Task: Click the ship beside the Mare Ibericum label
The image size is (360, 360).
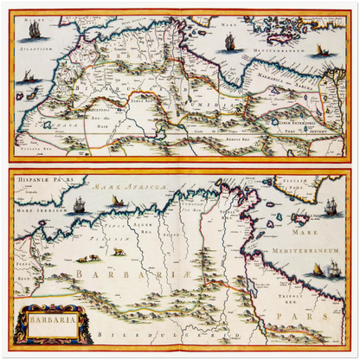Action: [x=78, y=206]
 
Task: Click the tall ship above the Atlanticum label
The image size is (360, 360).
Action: [x=35, y=30]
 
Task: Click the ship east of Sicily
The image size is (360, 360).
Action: [x=331, y=206]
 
